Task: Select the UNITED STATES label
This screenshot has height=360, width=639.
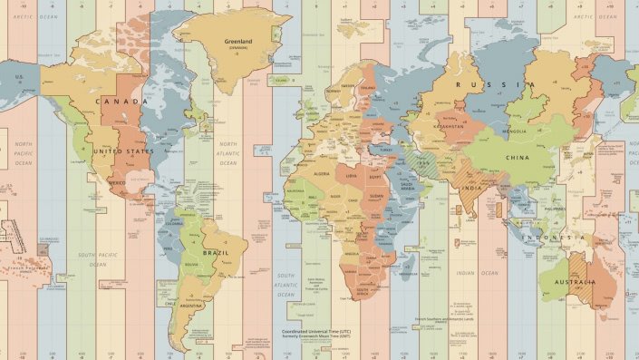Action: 126,151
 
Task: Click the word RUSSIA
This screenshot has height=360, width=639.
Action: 489,85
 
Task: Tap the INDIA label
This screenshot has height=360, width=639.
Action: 471,189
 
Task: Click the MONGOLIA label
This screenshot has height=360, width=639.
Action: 514,131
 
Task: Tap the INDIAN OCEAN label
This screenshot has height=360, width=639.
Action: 477,273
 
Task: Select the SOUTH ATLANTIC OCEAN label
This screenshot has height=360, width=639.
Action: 286,285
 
